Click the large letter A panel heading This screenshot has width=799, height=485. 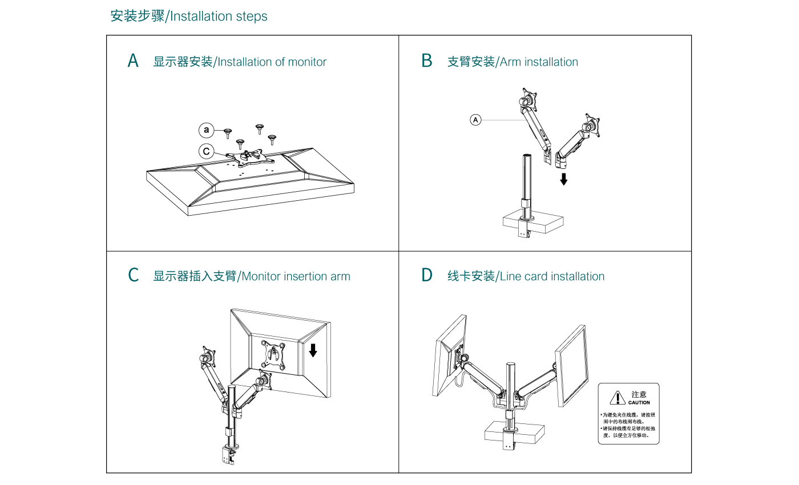133,61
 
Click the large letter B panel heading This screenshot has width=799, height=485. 426,61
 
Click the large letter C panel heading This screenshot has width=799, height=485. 133,276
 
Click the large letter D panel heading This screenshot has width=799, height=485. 427,276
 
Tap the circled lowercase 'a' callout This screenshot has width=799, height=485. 206,131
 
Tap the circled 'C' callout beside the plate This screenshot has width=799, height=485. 206,151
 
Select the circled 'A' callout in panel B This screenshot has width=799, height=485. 476,120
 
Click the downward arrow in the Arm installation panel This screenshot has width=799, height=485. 564,179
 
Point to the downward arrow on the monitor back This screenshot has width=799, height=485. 313,350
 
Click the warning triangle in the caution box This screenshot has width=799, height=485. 618,398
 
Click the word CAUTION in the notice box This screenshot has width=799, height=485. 639,403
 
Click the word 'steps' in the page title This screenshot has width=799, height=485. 252,16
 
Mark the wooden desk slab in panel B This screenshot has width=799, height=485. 532,223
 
